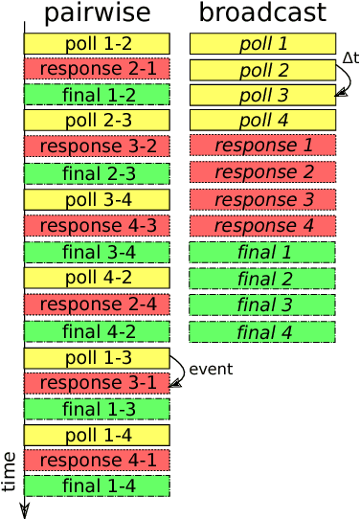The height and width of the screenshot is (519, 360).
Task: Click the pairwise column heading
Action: [x=97, y=12]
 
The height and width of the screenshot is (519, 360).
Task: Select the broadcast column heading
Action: [x=262, y=12]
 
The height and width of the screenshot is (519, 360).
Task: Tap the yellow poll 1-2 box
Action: [x=97, y=44]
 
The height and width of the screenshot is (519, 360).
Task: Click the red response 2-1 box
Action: [x=97, y=69]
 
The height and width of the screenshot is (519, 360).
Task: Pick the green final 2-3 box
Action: [x=97, y=173]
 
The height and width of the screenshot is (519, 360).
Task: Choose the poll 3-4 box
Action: [x=97, y=199]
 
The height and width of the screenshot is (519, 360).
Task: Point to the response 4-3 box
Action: [x=97, y=226]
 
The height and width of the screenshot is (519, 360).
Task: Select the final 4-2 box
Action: [x=97, y=331]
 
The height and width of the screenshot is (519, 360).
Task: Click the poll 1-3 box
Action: [x=97, y=357]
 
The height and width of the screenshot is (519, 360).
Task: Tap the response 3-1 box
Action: [x=97, y=383]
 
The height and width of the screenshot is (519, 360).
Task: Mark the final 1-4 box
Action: [x=97, y=485]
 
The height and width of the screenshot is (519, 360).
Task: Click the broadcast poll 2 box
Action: [x=262, y=70]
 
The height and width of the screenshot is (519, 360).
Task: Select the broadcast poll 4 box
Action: [x=262, y=120]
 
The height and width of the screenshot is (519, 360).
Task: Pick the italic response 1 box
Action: [x=262, y=146]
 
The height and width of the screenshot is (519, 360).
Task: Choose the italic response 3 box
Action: [x=262, y=200]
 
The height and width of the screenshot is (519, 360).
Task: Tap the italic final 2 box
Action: [x=262, y=279]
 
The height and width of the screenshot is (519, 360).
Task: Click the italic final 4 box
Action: [x=262, y=332]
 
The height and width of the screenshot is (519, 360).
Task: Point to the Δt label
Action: [x=349, y=58]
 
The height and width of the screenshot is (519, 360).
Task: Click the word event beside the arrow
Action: [x=211, y=370]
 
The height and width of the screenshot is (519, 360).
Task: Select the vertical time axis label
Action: [x=10, y=471]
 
